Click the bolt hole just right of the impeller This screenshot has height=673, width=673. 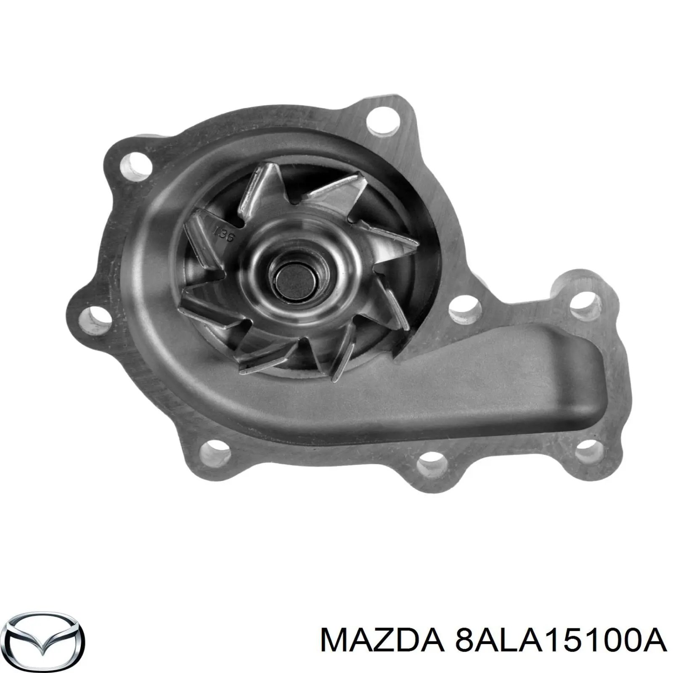(x=465, y=310)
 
